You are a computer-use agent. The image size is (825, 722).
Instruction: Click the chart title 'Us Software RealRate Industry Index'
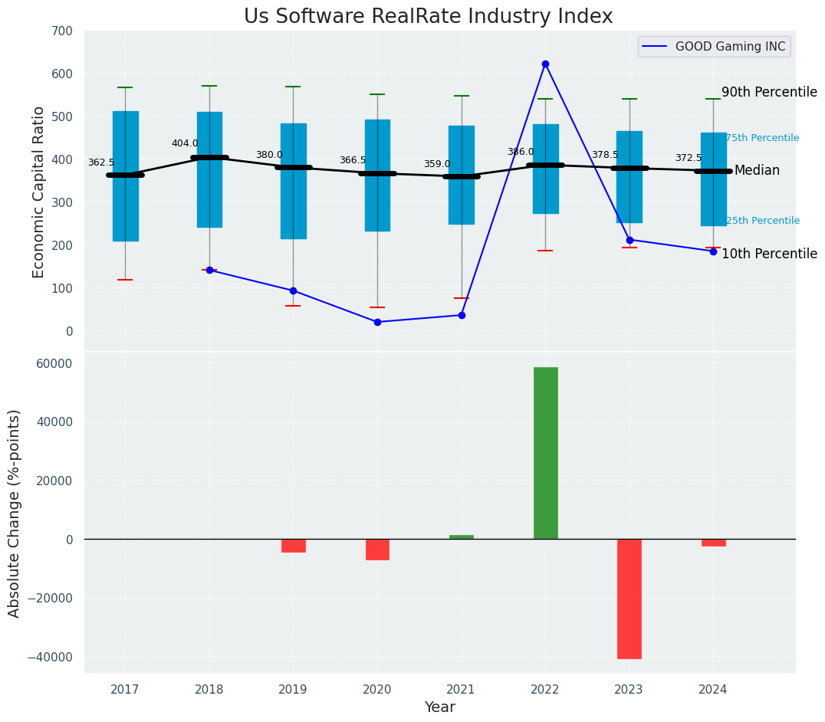428,17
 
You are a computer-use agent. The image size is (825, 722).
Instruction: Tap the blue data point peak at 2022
545,64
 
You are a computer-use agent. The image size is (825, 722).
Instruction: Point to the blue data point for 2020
377,322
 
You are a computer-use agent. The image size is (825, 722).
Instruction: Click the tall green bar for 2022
545,453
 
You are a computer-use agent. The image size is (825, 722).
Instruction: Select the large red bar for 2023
629,599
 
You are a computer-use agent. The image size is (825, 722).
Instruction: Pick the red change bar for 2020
377,550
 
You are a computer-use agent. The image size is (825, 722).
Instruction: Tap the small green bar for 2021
462,537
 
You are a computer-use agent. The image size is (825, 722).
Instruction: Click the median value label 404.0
185,143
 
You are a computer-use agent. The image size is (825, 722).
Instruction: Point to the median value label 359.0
437,164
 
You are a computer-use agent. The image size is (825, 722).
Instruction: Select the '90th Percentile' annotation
769,92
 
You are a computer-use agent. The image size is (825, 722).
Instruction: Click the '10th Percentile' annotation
769,254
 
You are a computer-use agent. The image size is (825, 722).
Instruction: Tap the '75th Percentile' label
762,138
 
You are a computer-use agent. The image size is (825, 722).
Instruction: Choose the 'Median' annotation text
757,171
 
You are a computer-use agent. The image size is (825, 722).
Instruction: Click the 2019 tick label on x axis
293,690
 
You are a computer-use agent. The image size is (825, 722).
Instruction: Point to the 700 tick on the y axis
62,31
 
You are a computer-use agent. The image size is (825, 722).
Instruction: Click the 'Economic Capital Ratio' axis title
39,192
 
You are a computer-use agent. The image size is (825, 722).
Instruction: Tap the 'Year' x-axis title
440,707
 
